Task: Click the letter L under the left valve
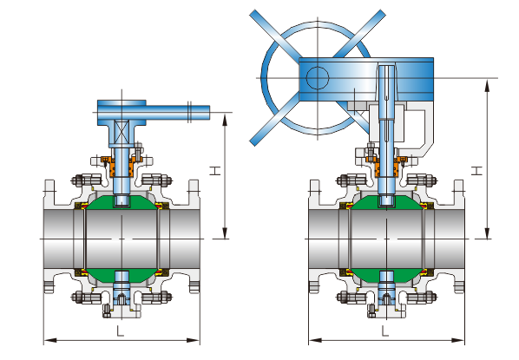[x=120, y=331]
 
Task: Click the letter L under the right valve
[x=385, y=331]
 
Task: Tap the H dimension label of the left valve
[x=215, y=171]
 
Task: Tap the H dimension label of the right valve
[x=476, y=171]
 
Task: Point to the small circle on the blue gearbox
[x=318, y=78]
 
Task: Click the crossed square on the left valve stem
[x=122, y=132]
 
